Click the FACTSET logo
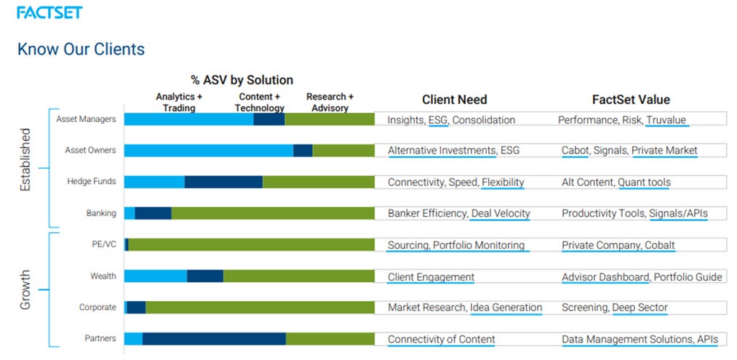[49, 12]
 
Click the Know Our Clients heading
[81, 49]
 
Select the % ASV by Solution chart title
[242, 80]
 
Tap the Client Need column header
[454, 100]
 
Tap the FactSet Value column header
[631, 100]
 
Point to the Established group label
[25, 160]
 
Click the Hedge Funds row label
[91, 182]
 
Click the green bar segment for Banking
[272, 213]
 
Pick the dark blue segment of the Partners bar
[214, 339]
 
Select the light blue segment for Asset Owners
[208, 151]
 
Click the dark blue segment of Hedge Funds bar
[223, 182]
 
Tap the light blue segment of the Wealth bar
[155, 276]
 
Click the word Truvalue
[666, 120]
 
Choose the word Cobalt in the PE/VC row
[659, 245]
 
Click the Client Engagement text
[431, 277]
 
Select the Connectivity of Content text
[441, 340]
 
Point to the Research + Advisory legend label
[330, 103]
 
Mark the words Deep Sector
[640, 308]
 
